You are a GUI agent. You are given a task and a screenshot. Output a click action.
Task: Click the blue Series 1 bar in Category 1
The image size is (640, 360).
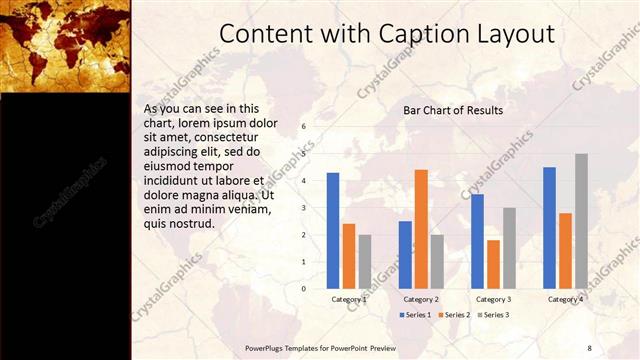[333, 231]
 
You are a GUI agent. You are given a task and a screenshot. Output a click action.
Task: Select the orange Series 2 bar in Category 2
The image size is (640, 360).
[421, 229]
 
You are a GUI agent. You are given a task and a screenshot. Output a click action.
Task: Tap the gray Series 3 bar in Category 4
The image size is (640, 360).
[581, 221]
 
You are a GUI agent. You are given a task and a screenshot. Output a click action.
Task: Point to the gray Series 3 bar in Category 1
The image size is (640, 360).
[365, 262]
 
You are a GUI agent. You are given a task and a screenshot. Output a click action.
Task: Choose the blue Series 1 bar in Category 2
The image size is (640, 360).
[405, 255]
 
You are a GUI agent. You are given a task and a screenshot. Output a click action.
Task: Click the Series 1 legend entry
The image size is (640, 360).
[416, 315]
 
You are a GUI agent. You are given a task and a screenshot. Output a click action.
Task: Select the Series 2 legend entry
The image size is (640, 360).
[454, 315]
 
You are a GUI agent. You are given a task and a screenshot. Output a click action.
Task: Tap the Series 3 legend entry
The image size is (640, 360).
[492, 315]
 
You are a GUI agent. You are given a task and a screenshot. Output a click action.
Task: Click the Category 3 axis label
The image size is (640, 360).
[493, 299]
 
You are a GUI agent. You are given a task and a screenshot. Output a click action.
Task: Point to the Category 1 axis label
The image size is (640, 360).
[349, 299]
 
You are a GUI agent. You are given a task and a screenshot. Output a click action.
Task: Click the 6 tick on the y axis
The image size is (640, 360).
[304, 128]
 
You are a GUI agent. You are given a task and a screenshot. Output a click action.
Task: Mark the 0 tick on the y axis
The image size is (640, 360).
[304, 289]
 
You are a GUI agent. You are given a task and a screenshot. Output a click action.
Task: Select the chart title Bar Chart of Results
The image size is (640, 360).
[453, 110]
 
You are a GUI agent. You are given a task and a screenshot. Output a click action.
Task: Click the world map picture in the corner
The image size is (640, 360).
[66, 44]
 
